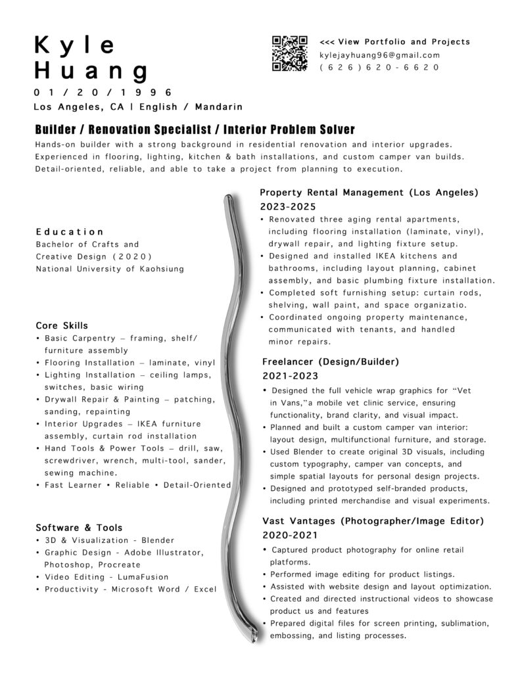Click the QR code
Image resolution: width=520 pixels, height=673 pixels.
click(290, 53)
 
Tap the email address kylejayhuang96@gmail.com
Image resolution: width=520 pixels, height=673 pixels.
click(379, 55)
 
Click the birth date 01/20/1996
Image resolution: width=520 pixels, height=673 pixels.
click(103, 92)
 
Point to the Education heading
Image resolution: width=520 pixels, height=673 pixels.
click(70, 232)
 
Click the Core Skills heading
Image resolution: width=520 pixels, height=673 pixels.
click(62, 326)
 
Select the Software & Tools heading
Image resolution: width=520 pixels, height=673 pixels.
click(79, 528)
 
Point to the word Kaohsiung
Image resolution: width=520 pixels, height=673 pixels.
click(158, 269)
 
